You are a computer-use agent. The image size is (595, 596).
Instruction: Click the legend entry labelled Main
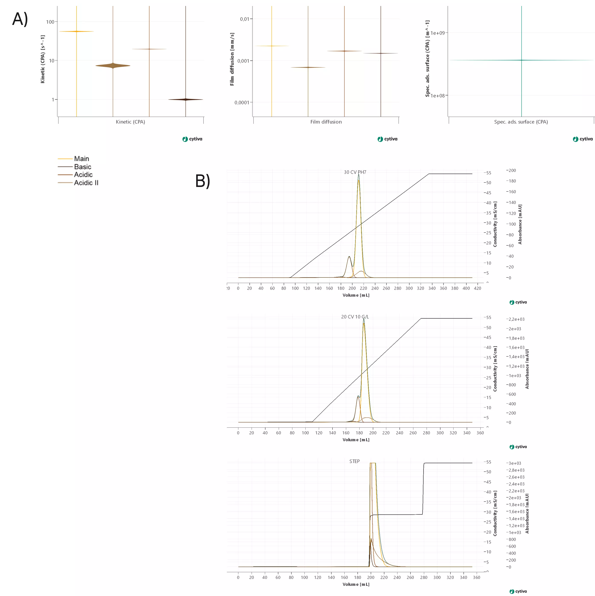(81, 159)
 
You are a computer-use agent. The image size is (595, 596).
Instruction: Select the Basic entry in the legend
(82, 167)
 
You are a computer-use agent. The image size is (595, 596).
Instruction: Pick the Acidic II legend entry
(86, 183)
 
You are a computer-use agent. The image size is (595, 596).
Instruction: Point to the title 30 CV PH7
(355, 172)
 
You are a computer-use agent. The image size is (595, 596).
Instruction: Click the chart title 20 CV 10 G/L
(355, 317)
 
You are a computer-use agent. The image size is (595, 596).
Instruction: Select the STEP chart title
(354, 461)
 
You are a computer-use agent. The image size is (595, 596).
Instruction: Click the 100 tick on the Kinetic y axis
(50, 22)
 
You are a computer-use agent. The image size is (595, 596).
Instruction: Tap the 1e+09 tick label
(438, 33)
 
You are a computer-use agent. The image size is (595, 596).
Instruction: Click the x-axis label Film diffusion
(326, 122)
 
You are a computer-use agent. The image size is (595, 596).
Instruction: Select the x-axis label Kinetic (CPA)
(130, 122)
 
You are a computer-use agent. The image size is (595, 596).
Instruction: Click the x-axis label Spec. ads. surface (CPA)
(521, 122)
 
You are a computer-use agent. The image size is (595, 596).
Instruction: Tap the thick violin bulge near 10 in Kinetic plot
(113, 65)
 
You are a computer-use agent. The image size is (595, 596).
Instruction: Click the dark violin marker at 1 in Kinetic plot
(186, 99)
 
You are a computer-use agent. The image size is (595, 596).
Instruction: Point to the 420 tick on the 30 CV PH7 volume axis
(477, 288)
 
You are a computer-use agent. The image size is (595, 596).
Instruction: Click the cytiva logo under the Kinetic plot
(192, 139)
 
